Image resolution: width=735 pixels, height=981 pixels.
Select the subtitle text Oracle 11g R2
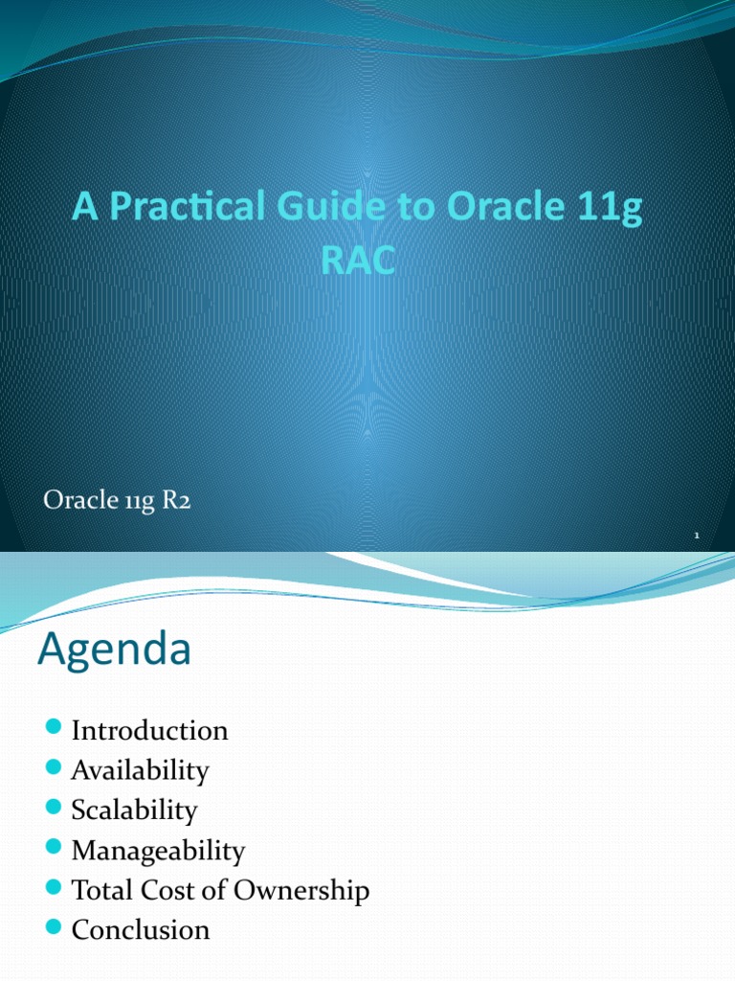click(x=117, y=501)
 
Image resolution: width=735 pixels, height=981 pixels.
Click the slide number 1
click(x=698, y=537)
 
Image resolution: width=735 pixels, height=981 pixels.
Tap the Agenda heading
click(x=114, y=651)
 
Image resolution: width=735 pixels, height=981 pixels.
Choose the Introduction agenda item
click(x=149, y=731)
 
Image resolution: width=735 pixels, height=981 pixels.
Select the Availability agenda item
click(x=140, y=770)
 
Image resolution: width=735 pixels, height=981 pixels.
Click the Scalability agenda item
click(x=134, y=810)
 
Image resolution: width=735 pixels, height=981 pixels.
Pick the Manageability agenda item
click(x=158, y=851)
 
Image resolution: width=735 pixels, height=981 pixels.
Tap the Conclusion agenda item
click(x=140, y=929)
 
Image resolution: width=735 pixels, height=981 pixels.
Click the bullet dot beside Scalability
click(x=54, y=810)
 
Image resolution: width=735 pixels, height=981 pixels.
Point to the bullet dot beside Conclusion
click(x=54, y=928)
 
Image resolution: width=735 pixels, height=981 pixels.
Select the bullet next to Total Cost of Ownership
click(x=54, y=889)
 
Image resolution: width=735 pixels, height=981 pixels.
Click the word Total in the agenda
click(x=99, y=890)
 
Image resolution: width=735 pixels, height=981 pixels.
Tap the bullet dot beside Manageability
click(x=54, y=849)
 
